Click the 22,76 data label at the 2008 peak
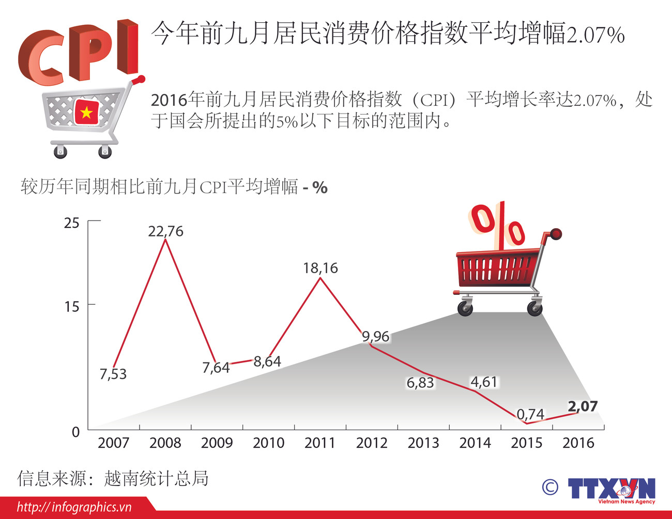tap(165, 231)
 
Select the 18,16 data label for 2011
tap(320, 268)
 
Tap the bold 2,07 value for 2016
tap(583, 406)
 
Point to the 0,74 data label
tap(530, 414)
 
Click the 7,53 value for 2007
tap(113, 374)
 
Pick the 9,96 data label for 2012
tap(375, 337)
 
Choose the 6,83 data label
tap(420, 383)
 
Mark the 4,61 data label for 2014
tap(483, 382)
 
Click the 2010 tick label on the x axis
tap(268, 443)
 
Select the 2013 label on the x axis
tap(423, 443)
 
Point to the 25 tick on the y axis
tap(72, 223)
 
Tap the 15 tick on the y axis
tap(72, 307)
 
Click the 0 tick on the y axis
tap(75, 432)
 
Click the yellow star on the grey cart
tap(86, 112)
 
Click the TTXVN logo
tap(611, 489)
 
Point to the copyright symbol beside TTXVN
tap(550, 487)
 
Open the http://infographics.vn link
tap(74, 507)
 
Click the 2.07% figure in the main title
tap(595, 35)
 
